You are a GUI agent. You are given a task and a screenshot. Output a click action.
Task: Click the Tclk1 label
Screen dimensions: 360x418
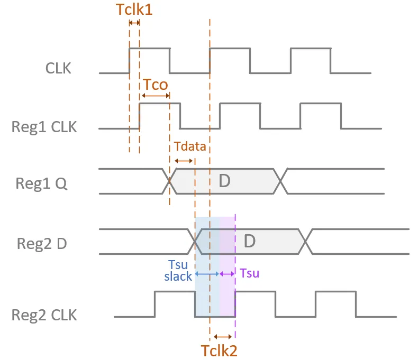coord(133,9)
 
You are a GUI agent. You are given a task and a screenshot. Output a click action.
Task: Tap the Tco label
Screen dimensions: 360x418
coord(156,85)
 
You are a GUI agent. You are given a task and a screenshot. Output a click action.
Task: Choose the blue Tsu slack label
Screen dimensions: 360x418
coord(178,271)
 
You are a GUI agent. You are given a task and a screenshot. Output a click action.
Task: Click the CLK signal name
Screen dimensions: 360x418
coord(58,68)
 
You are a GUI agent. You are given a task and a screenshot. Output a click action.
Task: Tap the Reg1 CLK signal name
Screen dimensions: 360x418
coord(44,127)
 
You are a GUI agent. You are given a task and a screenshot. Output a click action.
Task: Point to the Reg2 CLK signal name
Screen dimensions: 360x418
coord(44,315)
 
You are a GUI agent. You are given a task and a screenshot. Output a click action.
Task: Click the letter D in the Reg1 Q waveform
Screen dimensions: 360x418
coord(225,181)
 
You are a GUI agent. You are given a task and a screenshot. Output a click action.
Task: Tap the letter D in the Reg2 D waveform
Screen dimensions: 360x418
coord(250,242)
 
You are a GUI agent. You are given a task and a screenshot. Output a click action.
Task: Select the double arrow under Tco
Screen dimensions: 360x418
coord(155,96)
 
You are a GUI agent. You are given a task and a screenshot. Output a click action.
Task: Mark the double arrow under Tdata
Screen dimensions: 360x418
coord(183,161)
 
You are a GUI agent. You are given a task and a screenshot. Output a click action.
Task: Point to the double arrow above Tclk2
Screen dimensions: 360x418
coord(222,336)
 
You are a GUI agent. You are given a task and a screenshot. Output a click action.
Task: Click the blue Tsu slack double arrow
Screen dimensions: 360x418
coord(207,274)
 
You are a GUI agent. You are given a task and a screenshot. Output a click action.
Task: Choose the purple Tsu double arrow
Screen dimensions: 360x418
coord(227,274)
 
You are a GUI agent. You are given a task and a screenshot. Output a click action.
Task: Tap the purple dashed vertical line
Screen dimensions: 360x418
coord(235,296)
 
